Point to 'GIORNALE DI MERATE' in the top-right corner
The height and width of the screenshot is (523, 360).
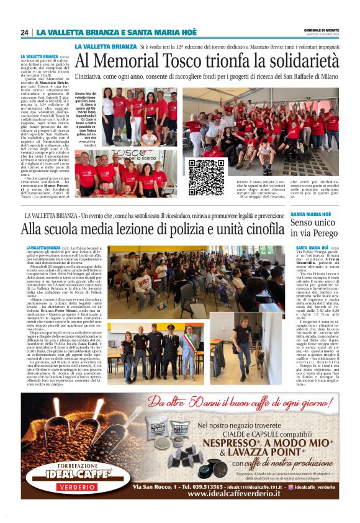(x=321, y=30)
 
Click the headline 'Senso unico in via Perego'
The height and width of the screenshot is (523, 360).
(x=314, y=227)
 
